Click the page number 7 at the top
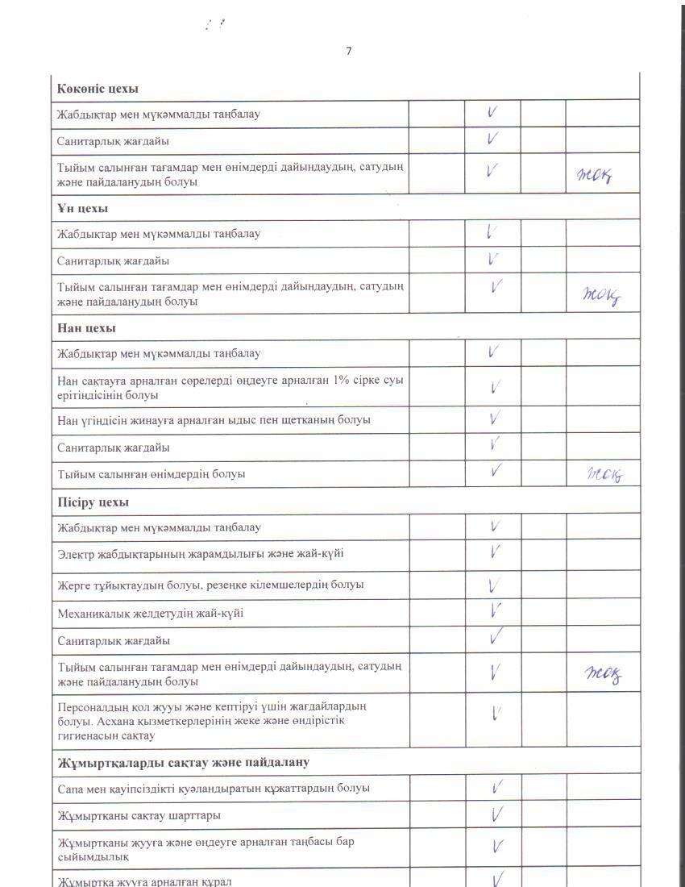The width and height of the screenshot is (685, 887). pos(349,52)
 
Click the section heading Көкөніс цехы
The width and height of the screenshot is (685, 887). pos(98,88)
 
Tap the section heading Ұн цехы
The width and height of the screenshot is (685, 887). pos(83,209)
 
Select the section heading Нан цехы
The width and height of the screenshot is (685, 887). pos(86,328)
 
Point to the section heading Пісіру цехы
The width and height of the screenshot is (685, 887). pos(93,502)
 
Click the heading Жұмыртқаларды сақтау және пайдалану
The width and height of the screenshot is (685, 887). pos(184,762)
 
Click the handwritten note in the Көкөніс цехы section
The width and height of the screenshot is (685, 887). pos(595,173)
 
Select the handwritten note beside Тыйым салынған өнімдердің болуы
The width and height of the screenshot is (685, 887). pos(604,474)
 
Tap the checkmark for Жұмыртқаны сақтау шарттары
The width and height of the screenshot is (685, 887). pos(497,815)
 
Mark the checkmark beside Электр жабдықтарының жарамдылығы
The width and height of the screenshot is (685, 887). pos(496,552)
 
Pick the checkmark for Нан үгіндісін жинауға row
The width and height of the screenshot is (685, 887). pos(495,419)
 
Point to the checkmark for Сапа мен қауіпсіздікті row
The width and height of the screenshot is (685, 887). pos(497,788)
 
